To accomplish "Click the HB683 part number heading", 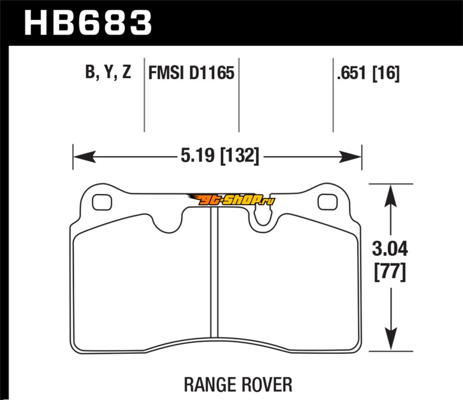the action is [x=88, y=23].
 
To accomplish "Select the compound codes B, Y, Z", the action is [x=108, y=72].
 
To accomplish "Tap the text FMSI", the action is [x=166, y=73].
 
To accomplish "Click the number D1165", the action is [x=212, y=73].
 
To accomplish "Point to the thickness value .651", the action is [x=351, y=73].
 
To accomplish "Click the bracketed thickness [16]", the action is [x=385, y=73].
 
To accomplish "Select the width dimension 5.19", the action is [x=197, y=155].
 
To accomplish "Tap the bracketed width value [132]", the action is [x=240, y=156].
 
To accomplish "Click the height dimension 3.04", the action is [x=389, y=249].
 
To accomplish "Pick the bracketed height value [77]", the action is [x=389, y=272].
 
